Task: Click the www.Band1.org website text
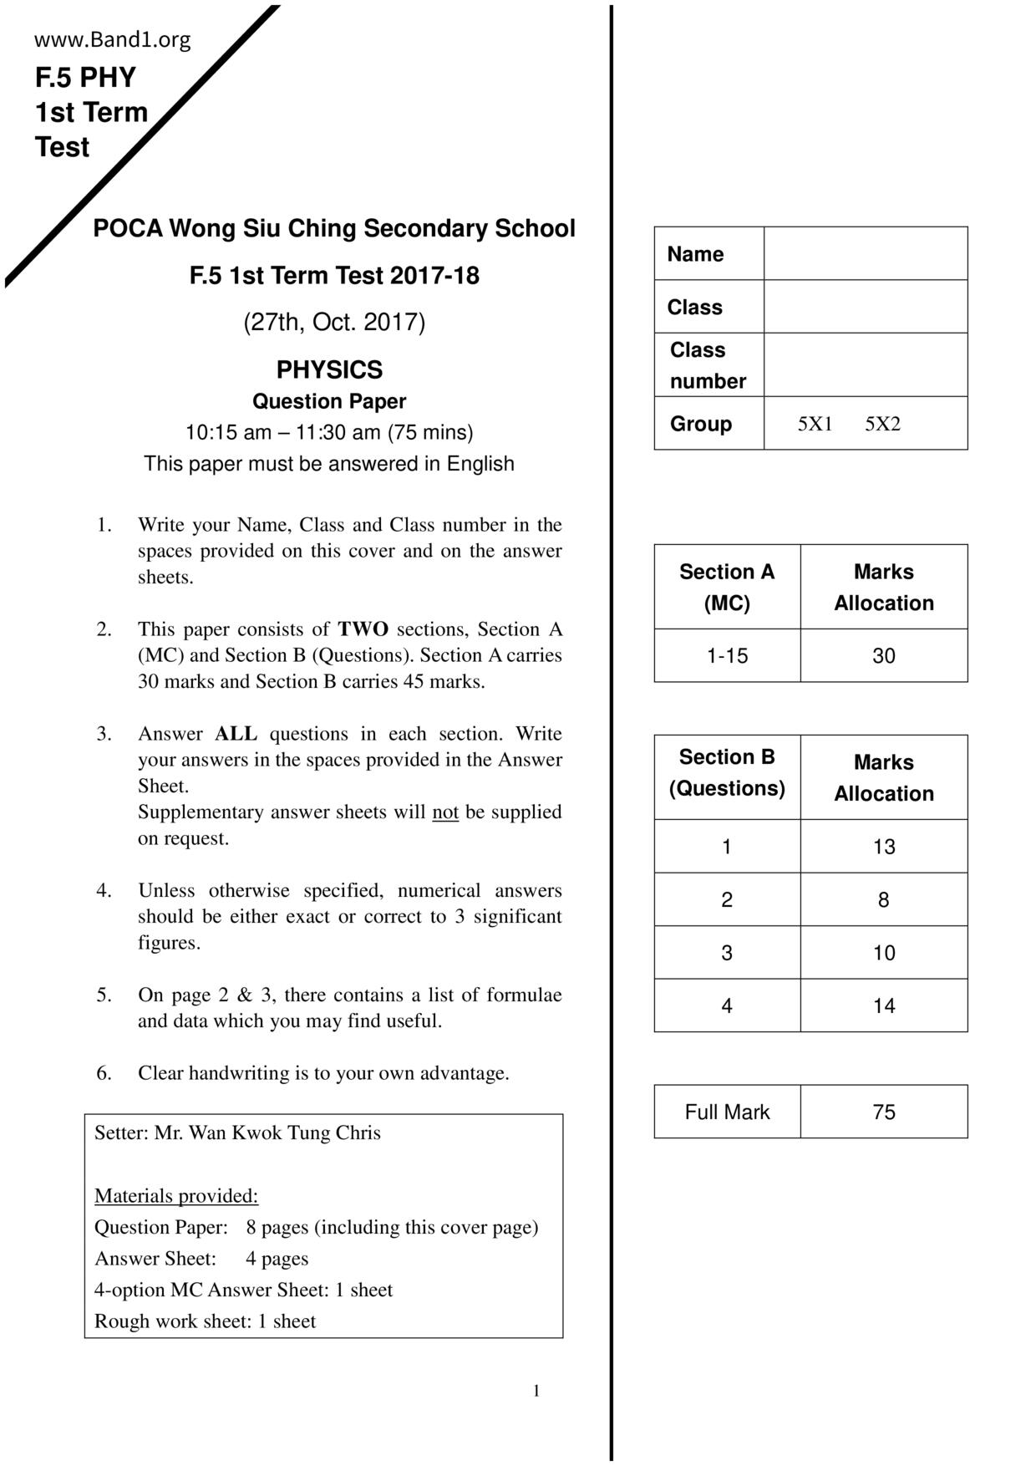[113, 40]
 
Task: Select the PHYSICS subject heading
[329, 369]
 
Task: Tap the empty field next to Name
[865, 253]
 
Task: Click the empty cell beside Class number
[865, 365]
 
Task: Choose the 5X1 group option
[815, 424]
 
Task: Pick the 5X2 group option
[882, 424]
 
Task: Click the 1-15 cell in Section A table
[727, 656]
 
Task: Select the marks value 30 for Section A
[883, 656]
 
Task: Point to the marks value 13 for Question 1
[883, 847]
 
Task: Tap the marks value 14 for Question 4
[883, 1005]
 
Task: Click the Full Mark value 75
[883, 1112]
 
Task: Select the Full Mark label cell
[727, 1112]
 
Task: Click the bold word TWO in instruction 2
[363, 629]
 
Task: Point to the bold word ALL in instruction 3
[236, 734]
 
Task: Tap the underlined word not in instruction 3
[445, 812]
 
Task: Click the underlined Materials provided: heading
[176, 1196]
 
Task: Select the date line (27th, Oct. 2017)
[334, 322]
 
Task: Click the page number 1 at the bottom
[536, 1391]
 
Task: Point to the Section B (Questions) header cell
[727, 773]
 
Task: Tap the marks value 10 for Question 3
[883, 953]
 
